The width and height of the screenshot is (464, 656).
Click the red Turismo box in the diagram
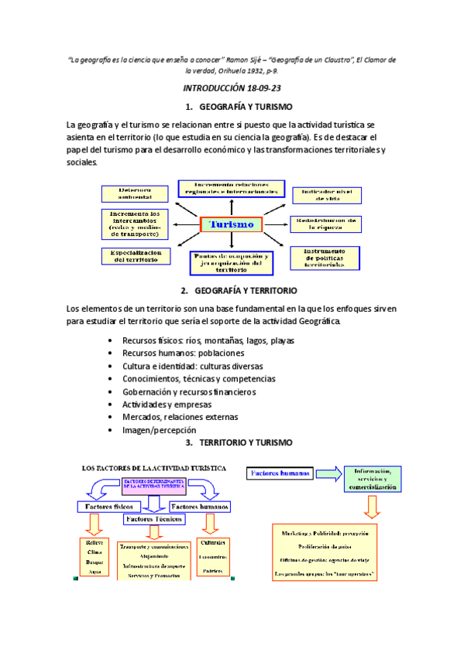pyautogui.click(x=232, y=224)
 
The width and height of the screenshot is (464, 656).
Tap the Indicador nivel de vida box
pyautogui.click(x=325, y=194)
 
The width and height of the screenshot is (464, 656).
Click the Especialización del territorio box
pyautogui.click(x=136, y=256)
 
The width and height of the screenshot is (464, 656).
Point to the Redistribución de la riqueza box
pyautogui.click(x=325, y=224)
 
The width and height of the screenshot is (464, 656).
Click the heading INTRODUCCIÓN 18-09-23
pyautogui.click(x=232, y=88)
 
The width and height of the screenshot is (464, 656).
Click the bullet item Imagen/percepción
pyautogui.click(x=160, y=429)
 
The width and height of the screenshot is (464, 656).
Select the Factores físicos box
pyautogui.click(x=110, y=507)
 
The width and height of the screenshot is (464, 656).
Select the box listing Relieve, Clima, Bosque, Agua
pyautogui.click(x=95, y=558)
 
